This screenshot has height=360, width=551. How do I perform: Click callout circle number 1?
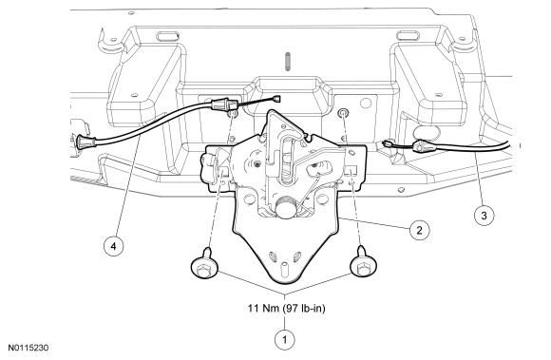[x=284, y=340]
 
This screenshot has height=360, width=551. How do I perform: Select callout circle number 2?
[x=419, y=231]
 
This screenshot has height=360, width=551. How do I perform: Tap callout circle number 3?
[x=484, y=216]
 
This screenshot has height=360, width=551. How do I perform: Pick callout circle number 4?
[x=113, y=246]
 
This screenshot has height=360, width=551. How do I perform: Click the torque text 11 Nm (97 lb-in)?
[x=286, y=309]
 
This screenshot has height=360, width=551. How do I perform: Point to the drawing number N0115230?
[x=28, y=348]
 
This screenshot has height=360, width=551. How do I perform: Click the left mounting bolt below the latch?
[x=204, y=264]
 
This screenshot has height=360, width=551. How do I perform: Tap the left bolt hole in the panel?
[x=233, y=114]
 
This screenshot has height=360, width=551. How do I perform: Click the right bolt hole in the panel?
[x=342, y=113]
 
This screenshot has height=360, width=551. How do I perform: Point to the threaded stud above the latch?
[x=288, y=62]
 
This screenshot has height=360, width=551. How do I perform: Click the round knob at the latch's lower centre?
[x=286, y=209]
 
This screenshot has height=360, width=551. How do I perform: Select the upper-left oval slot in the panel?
[x=168, y=36]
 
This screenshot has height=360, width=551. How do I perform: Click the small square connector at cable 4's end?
[x=277, y=99]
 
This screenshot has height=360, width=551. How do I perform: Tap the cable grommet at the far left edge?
[x=85, y=142]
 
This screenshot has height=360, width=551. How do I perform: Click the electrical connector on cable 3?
[x=422, y=145]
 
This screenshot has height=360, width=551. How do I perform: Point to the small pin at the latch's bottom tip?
[x=284, y=269]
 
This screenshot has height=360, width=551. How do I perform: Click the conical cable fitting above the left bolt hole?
[x=221, y=104]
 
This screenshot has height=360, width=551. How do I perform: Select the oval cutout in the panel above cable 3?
[x=427, y=132]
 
